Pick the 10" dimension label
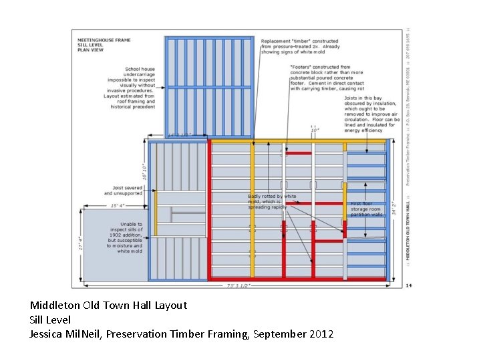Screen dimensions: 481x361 point(314,130)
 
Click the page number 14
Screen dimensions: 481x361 point(408,285)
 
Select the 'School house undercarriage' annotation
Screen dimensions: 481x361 point(139,87)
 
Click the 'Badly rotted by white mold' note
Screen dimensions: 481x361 point(272,201)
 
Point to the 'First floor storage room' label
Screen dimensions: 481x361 point(366,209)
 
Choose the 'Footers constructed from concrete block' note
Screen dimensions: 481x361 point(327,78)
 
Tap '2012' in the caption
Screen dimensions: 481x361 point(321,334)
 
